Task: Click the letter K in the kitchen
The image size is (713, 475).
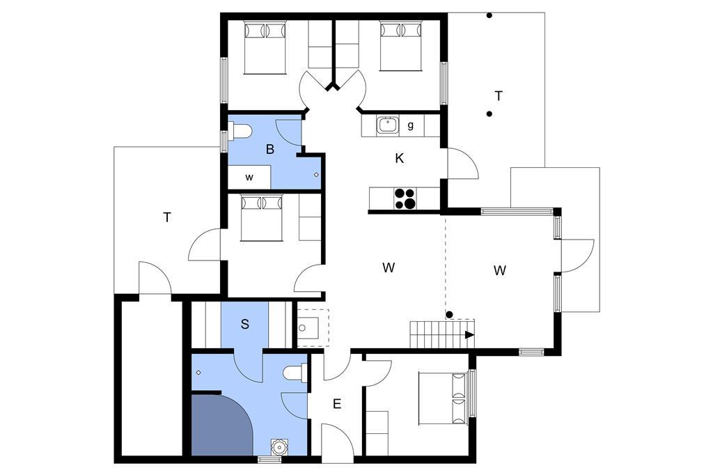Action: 399,158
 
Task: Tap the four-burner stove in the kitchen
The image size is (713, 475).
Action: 405,198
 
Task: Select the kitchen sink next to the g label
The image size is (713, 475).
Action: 387,125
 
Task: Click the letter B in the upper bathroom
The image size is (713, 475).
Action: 270,149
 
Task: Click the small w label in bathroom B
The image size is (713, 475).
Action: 249,178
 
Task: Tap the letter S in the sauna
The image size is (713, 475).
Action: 244,325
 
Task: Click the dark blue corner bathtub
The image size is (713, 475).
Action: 221,425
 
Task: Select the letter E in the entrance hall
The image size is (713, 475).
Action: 337,404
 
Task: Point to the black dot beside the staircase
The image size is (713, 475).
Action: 449,314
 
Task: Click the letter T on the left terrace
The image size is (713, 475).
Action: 167,217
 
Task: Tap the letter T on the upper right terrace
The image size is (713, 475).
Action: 499,96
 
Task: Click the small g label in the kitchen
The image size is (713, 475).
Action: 411,125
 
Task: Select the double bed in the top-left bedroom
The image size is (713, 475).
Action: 265,48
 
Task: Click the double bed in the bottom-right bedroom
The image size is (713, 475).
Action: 444,399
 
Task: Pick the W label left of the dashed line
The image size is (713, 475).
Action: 389,267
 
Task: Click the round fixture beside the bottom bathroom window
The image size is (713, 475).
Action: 277,447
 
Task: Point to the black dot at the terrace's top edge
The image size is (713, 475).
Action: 489,15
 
